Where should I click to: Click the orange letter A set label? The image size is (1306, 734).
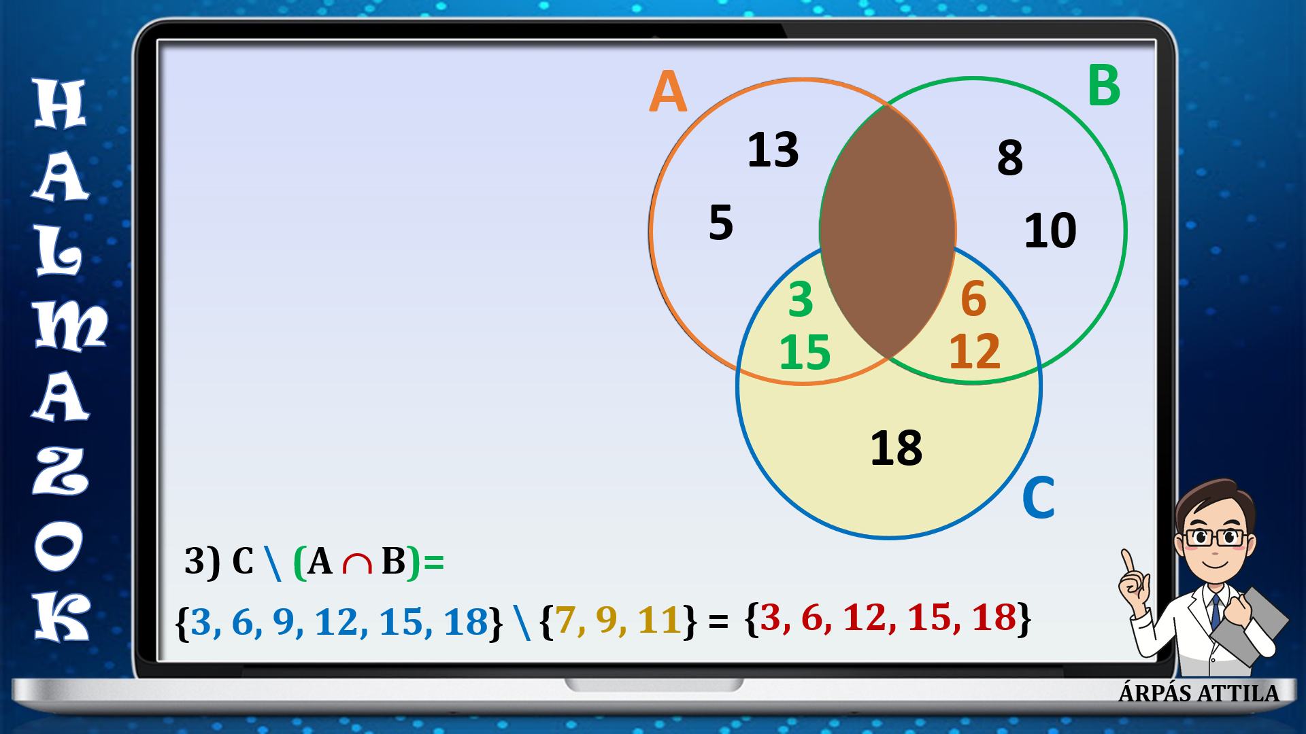coord(668,94)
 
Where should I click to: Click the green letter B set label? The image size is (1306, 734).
coord(1103,86)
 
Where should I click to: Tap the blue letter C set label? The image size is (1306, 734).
coord(1038,498)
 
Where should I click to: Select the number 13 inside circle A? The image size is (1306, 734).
coord(773,150)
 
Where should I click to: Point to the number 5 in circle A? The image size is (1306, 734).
coord(721,222)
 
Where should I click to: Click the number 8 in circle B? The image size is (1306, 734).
coord(1010,158)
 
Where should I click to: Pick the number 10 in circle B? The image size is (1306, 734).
coord(1050,230)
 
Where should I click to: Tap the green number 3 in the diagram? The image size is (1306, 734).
coord(801,300)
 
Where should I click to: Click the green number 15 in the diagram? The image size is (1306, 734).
coord(805,352)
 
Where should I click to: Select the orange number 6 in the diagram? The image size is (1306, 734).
coord(973,300)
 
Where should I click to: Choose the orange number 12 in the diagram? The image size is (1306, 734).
coord(975,351)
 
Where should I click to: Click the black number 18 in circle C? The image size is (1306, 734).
coord(897,448)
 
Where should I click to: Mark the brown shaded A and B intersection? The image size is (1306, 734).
coord(888,231)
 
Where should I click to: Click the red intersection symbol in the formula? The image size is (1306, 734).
coord(357,564)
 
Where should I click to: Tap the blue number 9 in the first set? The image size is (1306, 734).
coord(283,621)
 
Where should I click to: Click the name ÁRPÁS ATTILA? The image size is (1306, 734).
coord(1199,693)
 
